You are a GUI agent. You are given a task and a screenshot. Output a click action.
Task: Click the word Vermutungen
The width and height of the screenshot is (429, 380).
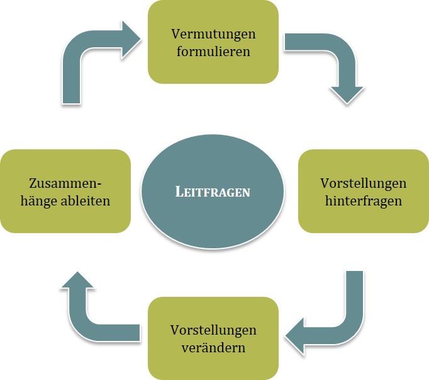point(213,34)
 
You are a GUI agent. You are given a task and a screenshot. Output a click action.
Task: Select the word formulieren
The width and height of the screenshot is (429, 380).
point(213,51)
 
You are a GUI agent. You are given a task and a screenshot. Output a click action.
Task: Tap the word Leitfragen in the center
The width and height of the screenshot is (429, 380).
point(213,192)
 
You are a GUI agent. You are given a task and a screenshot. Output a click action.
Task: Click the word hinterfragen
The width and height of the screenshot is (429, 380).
point(364,201)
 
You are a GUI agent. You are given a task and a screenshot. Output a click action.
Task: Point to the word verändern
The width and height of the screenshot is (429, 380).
point(213,348)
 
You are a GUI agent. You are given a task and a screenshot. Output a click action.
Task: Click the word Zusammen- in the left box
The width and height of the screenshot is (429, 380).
point(65,183)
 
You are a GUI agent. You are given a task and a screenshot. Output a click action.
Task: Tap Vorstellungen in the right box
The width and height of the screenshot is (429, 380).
point(364,183)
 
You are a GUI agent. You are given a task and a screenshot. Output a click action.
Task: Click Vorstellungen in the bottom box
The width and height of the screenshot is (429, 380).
point(213,330)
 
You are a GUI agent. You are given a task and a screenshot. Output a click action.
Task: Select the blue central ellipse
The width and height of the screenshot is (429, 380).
point(213,192)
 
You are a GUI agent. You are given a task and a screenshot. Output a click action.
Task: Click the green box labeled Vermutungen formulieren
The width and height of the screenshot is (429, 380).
point(213,42)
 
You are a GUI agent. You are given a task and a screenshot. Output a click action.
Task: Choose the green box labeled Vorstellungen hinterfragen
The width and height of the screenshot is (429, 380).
point(364,192)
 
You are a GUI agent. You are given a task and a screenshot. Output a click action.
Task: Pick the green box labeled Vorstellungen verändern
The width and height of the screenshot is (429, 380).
point(213,338)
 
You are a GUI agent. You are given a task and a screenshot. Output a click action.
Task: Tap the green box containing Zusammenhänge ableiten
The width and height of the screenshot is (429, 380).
point(65,192)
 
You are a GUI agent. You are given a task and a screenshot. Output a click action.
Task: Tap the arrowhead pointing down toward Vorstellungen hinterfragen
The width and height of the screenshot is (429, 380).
point(347,95)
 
